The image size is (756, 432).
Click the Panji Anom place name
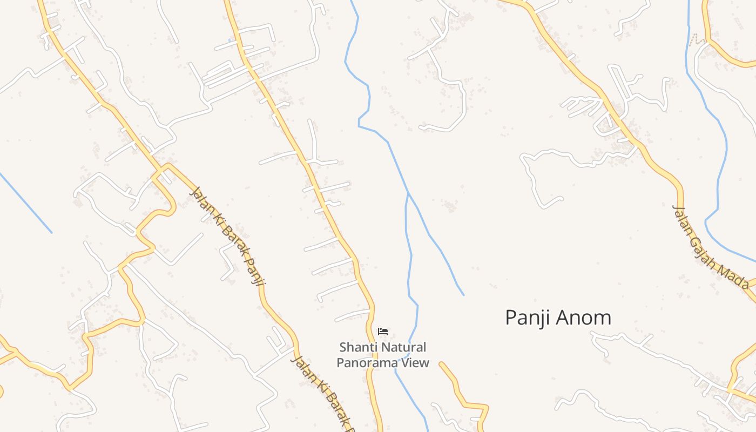pos(558,318)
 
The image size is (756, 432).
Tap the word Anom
pos(585,318)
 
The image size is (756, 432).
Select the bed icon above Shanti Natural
pos(383,331)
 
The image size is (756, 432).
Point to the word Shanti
pos(356,347)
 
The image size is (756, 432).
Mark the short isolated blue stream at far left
pos(26,203)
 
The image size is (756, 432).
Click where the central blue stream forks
pos(408,193)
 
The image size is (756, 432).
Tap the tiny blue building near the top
pos(231,40)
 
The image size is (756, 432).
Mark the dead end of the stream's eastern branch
pos(463,295)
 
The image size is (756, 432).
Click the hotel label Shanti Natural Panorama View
pos(383,355)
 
